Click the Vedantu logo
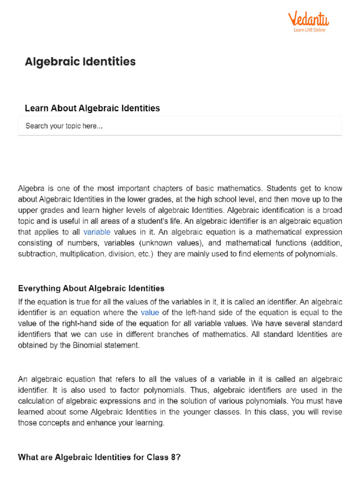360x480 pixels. [x=308, y=19]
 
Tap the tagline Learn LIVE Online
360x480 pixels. [x=309, y=30]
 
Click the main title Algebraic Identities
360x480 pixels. [x=80, y=61]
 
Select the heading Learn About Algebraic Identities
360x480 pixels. [x=92, y=108]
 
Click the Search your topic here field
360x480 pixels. [x=180, y=126]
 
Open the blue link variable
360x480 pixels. [x=97, y=232]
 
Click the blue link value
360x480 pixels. [x=150, y=312]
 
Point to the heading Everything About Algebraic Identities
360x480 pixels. [x=91, y=288]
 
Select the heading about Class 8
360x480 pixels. [x=99, y=457]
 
